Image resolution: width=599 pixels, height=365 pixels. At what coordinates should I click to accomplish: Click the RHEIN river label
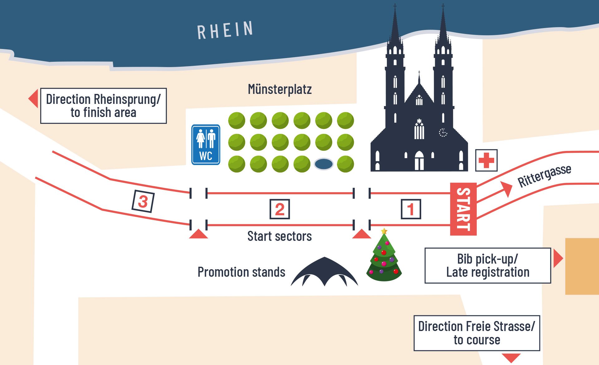[225, 30]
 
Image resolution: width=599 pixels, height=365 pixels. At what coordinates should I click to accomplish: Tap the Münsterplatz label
[280, 89]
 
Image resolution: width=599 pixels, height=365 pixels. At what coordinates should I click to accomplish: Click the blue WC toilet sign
[206, 145]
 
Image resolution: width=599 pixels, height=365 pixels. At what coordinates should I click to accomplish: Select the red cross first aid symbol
[486, 160]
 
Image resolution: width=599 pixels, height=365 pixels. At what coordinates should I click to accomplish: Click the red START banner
[463, 209]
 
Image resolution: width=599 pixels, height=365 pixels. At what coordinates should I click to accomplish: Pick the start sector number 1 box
[411, 209]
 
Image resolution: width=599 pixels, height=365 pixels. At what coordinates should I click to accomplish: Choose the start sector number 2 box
[280, 209]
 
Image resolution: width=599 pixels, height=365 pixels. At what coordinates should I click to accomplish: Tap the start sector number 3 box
[143, 202]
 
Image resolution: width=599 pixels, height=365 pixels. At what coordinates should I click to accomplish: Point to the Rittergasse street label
[544, 175]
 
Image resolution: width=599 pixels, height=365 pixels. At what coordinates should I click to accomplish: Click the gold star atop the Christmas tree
[384, 231]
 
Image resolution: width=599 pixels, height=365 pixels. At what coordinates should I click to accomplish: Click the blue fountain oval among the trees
[324, 164]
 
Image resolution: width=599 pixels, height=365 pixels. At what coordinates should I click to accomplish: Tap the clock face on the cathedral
[443, 133]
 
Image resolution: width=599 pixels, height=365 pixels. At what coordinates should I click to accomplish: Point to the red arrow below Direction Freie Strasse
[511, 358]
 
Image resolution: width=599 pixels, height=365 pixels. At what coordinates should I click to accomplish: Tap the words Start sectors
[280, 236]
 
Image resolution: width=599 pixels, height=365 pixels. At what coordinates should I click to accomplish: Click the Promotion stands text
[241, 272]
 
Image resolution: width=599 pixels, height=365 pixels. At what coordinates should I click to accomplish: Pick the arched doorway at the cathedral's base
[419, 161]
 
